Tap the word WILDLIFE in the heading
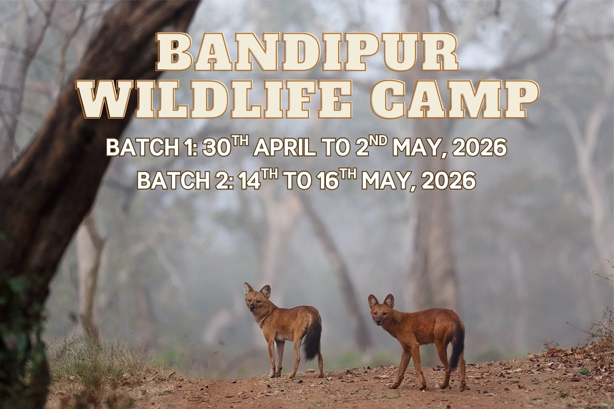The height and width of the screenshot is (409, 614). [x=215, y=100]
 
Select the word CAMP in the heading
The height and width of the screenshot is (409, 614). [x=454, y=100]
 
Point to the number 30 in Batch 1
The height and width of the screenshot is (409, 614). [x=215, y=148]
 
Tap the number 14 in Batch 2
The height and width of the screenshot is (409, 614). [x=250, y=181]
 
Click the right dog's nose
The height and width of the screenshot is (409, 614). [x=378, y=320]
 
